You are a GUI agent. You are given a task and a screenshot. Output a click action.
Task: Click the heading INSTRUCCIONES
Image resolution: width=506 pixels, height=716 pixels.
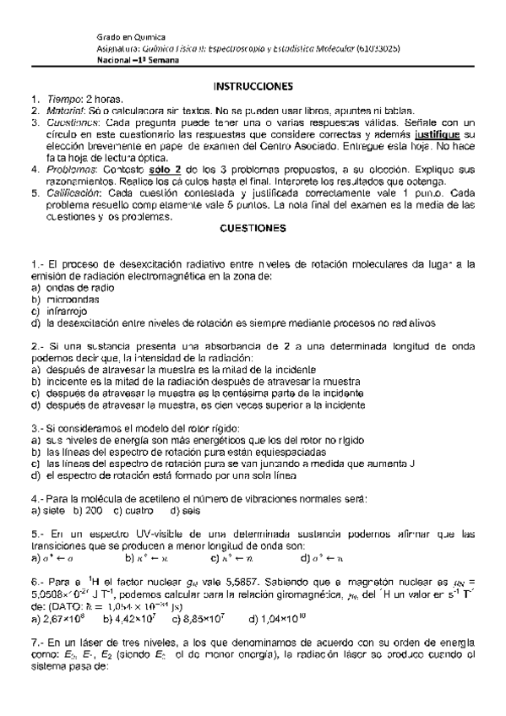coord(253,86)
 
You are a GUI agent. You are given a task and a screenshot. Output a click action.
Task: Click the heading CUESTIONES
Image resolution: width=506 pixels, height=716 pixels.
coord(253,228)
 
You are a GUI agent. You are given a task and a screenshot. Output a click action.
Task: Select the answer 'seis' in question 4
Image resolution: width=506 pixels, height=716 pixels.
coord(190,511)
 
